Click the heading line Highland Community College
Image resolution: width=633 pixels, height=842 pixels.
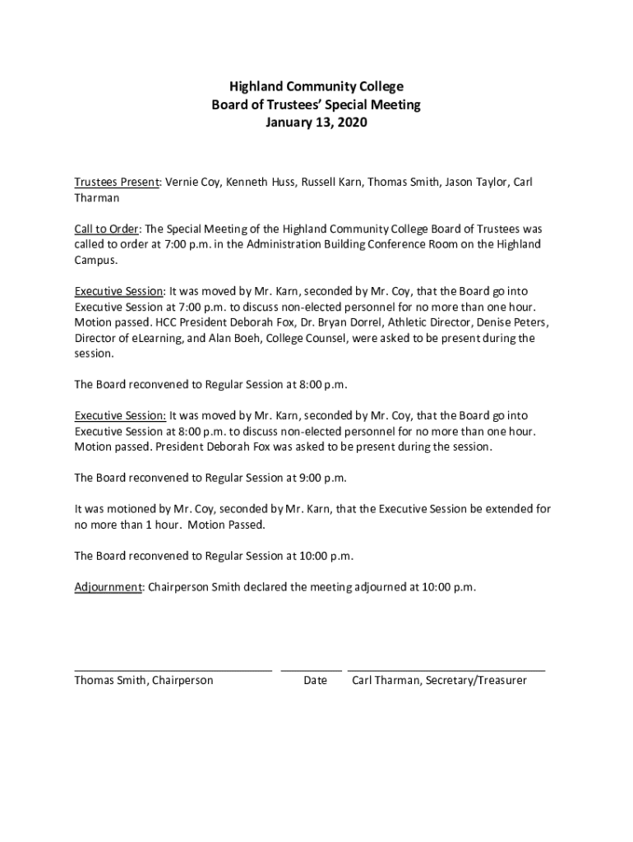tap(316, 86)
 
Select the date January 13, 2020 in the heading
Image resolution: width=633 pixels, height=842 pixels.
tap(316, 123)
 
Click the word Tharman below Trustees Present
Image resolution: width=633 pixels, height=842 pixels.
tap(97, 198)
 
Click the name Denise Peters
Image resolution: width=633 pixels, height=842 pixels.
tap(511, 322)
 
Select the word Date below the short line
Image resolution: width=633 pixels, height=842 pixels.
tap(315, 681)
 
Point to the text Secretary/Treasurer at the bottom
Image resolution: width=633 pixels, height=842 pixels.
tap(475, 681)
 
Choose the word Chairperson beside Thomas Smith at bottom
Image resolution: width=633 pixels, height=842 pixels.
tap(182, 681)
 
